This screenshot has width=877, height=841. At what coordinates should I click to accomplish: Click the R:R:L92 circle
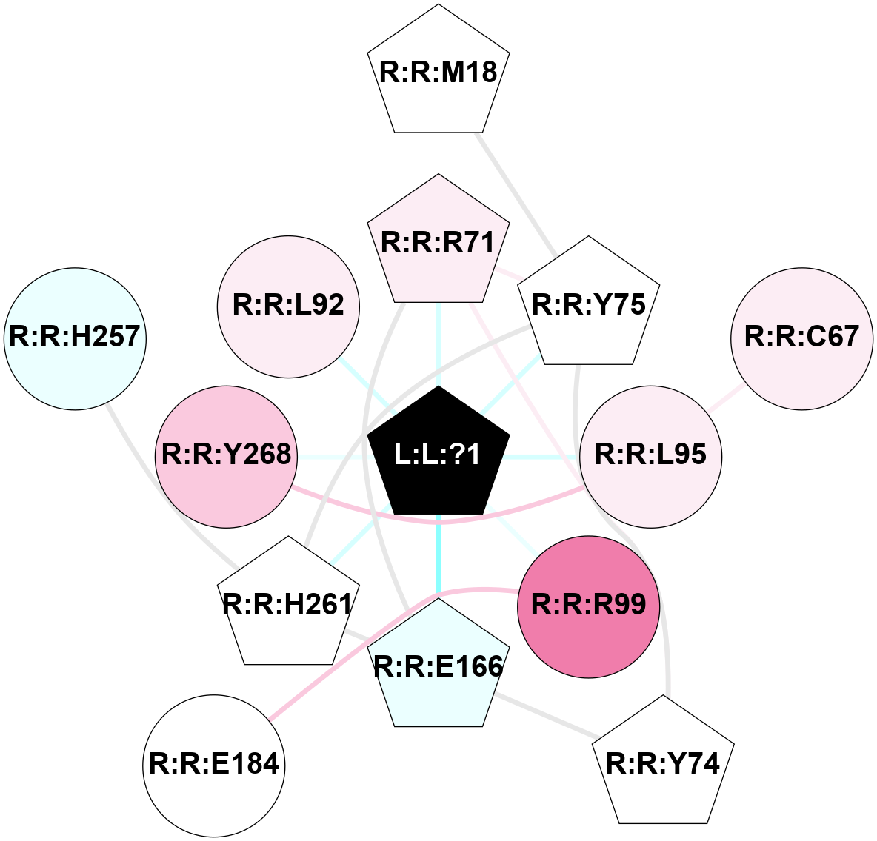click(289, 306)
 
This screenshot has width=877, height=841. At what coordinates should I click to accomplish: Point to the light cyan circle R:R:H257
click(75, 338)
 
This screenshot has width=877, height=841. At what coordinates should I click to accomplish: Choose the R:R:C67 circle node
click(801, 338)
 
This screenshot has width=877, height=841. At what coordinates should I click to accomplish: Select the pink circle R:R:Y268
click(227, 456)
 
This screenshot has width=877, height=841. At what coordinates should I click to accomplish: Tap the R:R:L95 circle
click(651, 456)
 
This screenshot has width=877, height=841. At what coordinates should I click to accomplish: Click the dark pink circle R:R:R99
click(588, 606)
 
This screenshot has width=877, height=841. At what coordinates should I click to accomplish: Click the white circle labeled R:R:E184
click(214, 765)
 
